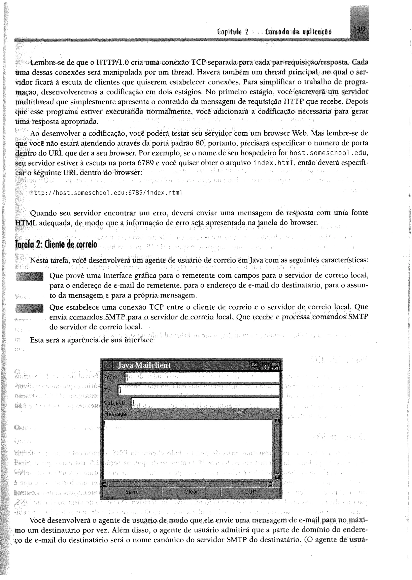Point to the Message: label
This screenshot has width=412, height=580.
[116, 414]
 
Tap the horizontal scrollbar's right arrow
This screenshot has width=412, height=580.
[270, 484]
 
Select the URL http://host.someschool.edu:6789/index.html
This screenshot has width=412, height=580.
[106, 193]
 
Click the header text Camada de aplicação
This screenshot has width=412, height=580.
[298, 32]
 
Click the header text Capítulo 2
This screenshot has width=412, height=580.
[232, 32]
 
